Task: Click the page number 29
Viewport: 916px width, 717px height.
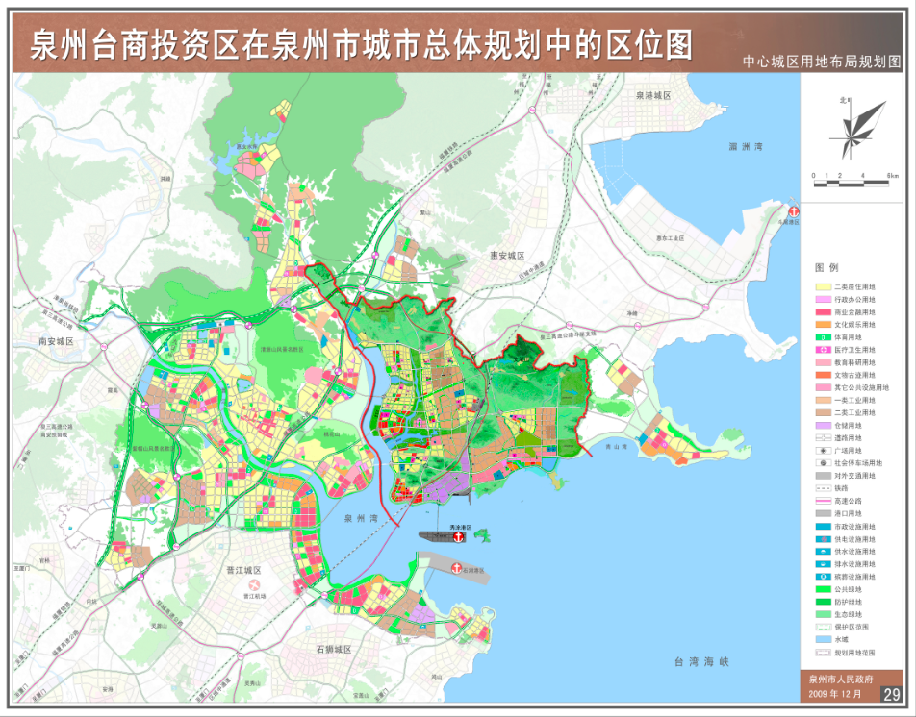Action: [892, 694]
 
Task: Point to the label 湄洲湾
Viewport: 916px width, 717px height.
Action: [745, 147]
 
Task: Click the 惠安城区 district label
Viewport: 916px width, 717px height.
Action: [501, 256]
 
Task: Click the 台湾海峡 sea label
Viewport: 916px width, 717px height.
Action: [701, 662]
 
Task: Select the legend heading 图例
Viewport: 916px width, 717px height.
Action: [827, 267]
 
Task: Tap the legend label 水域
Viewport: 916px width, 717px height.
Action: [841, 639]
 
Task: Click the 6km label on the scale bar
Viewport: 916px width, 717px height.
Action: [893, 176]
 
